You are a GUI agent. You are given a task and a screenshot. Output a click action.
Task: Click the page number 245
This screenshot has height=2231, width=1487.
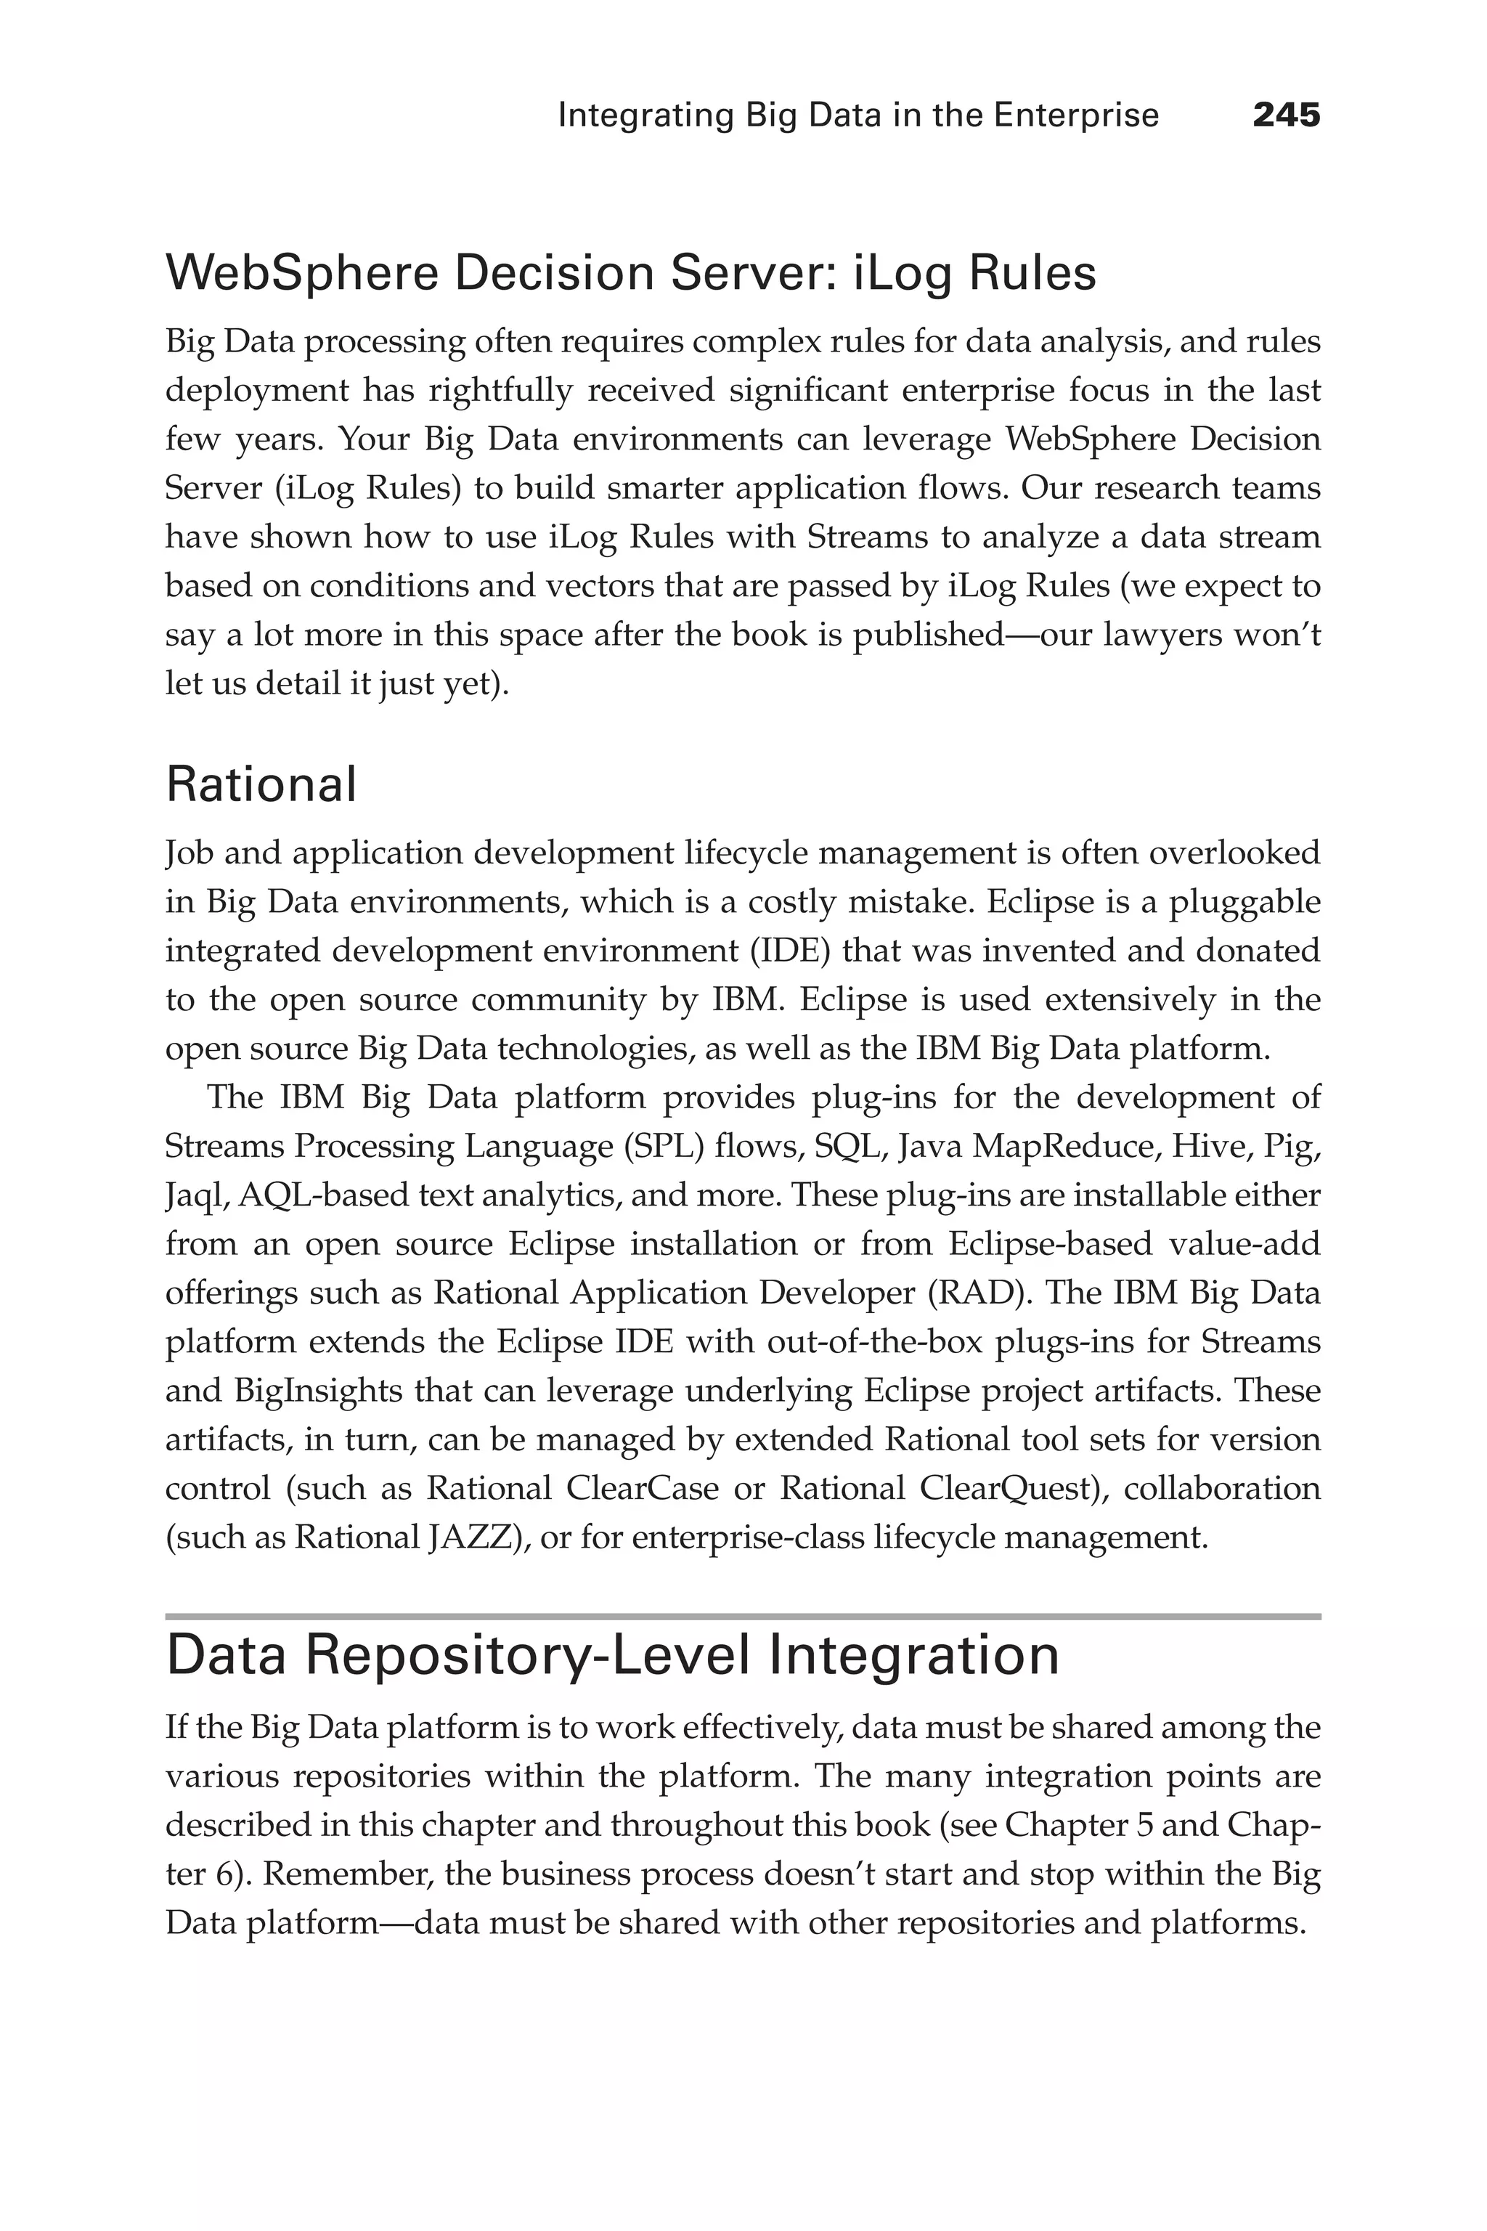coord(1286,115)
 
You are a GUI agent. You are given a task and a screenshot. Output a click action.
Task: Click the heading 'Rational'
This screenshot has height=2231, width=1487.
coord(261,784)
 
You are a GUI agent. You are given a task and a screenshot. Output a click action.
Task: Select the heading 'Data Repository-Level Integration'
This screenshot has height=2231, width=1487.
coord(611,1654)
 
